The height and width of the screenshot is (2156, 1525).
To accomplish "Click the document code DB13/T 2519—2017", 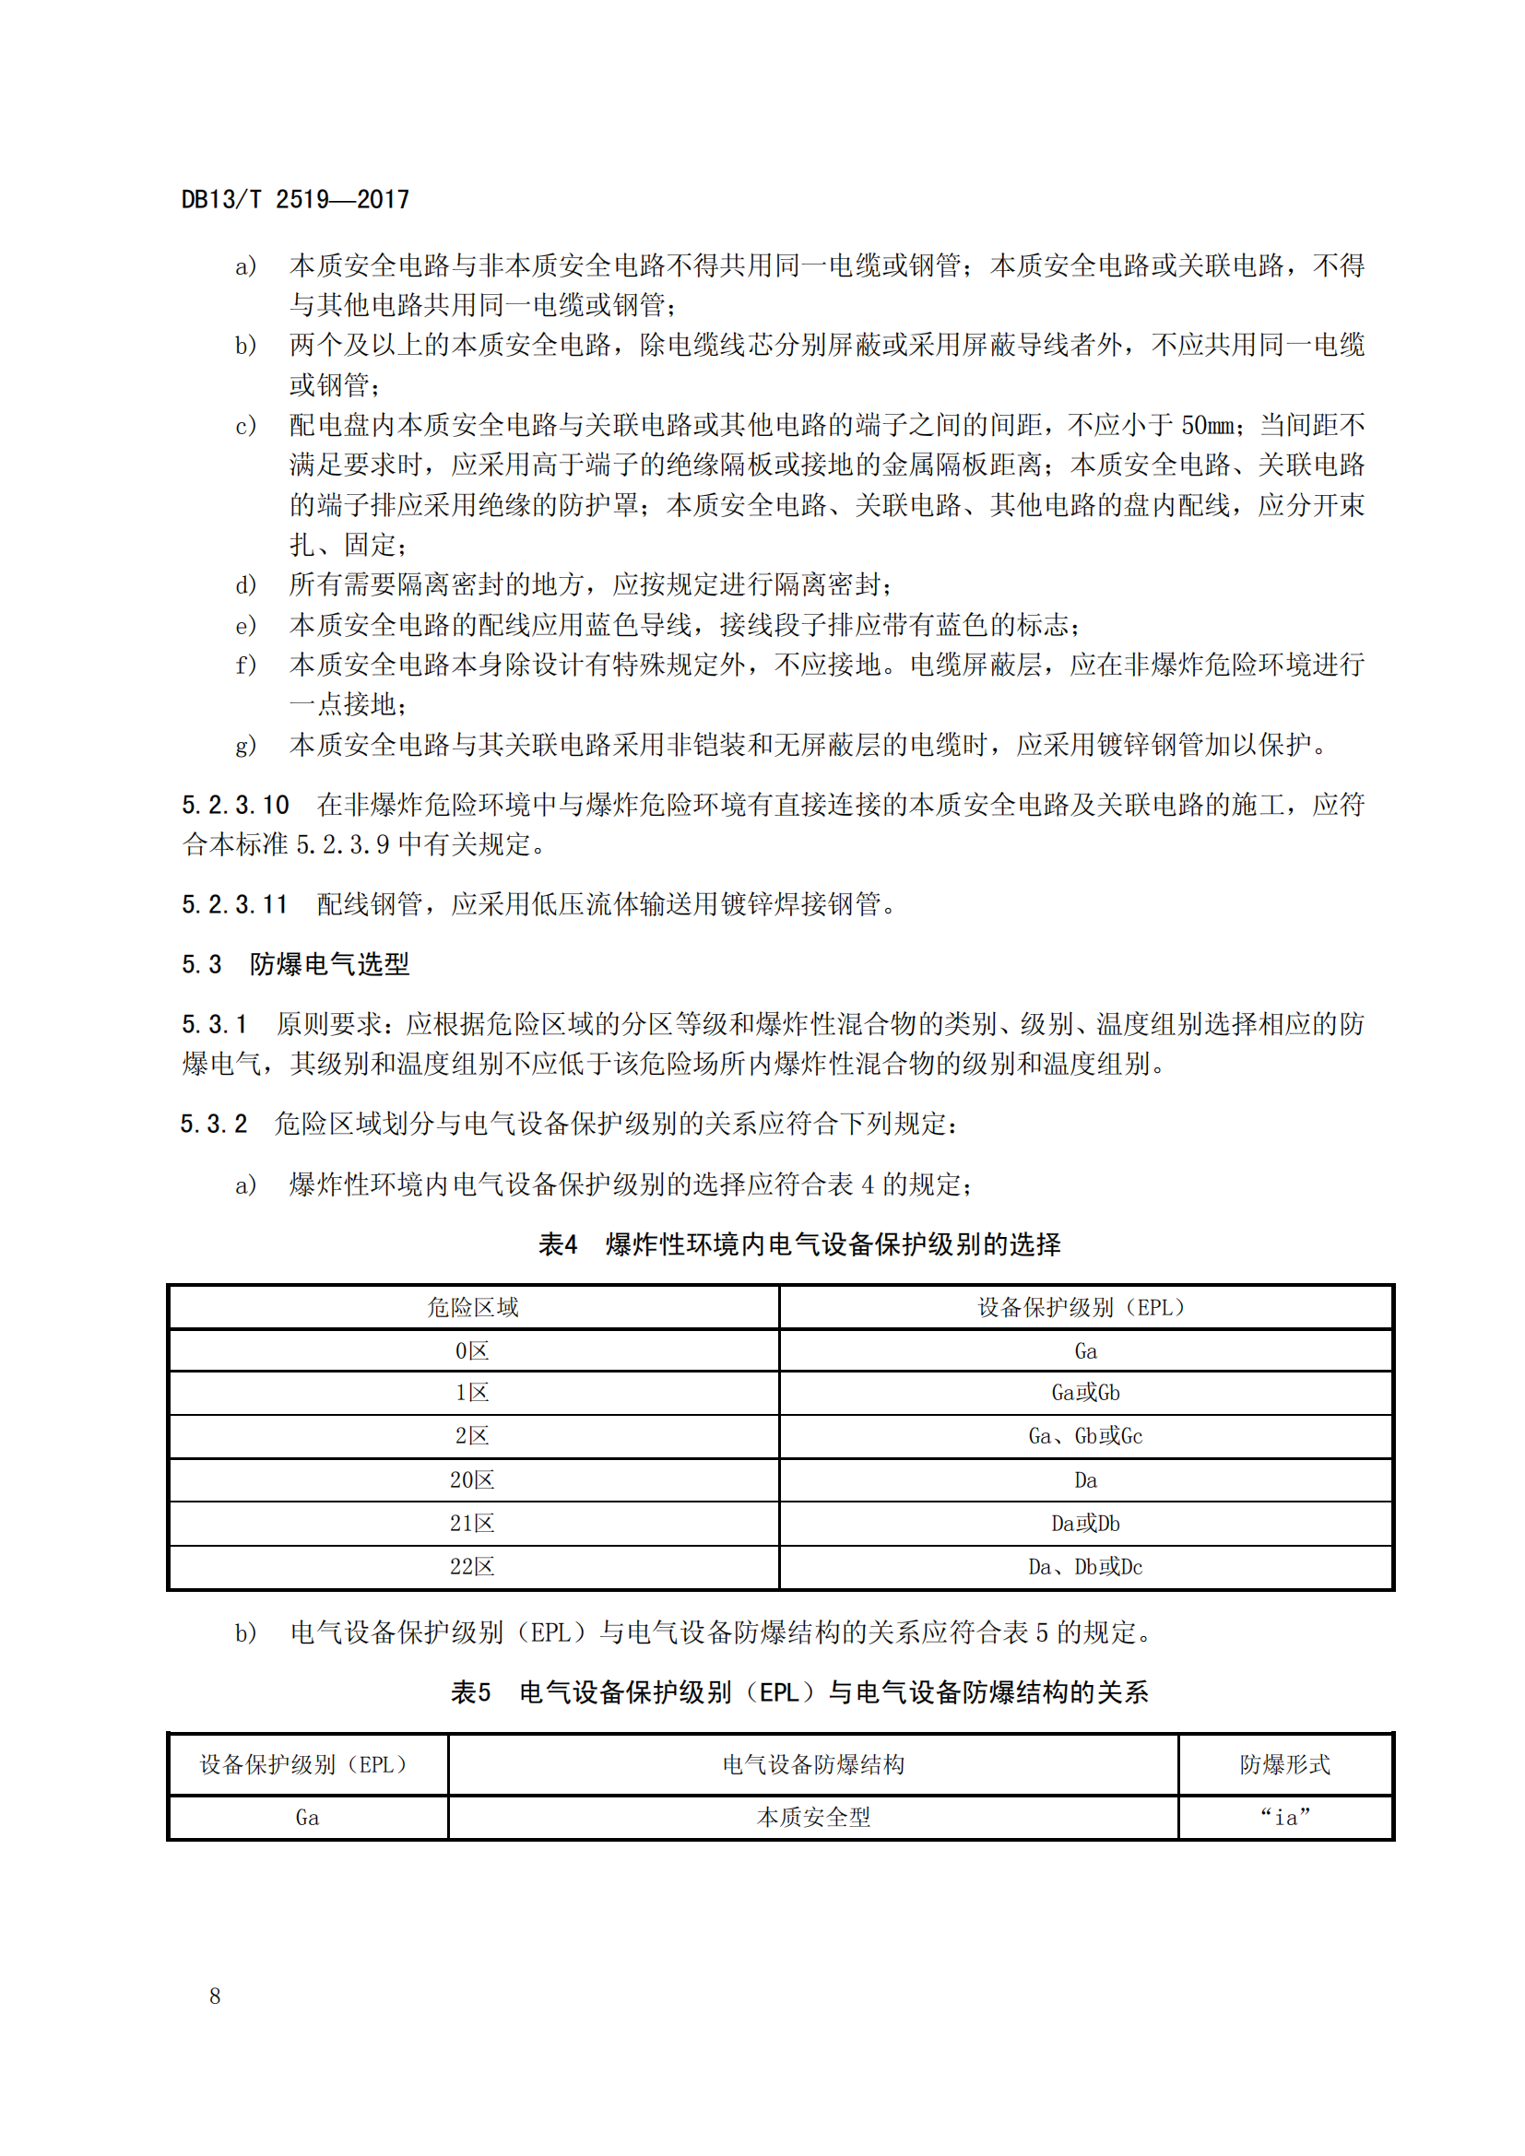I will click(x=295, y=199).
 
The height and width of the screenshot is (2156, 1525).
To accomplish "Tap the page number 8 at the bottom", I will click(x=215, y=1996).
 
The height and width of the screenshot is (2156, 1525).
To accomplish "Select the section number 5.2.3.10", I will click(x=236, y=805).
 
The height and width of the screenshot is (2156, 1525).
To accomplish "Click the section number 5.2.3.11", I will click(x=235, y=904).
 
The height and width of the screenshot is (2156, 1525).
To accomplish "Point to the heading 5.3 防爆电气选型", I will click(x=295, y=964).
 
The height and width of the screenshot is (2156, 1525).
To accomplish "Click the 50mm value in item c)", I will click(x=1208, y=425).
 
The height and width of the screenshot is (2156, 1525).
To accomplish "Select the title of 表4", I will click(x=799, y=1244).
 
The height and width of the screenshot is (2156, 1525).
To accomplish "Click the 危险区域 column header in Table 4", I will click(x=472, y=1307).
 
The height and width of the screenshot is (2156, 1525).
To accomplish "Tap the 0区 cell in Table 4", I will click(x=472, y=1351).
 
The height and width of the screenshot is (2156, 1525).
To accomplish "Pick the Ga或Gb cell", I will click(x=1085, y=1393).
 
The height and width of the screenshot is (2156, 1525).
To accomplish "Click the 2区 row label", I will click(x=472, y=1436).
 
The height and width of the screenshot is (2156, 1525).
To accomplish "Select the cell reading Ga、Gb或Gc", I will click(x=1085, y=1436).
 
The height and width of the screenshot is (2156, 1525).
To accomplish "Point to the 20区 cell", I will click(x=472, y=1480).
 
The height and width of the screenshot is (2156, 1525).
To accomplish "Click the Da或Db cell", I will click(x=1085, y=1523).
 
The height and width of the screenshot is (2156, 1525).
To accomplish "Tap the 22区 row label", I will click(x=472, y=1566).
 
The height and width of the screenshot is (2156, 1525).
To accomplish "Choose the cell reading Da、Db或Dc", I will click(x=1085, y=1566).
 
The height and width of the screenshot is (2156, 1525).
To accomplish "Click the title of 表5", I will click(x=799, y=1692).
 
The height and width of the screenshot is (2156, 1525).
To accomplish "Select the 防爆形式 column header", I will click(x=1284, y=1764).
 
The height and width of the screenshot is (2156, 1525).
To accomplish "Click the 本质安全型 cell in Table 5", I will click(x=813, y=1818).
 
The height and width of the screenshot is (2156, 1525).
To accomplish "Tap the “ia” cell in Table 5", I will click(x=1284, y=1818).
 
